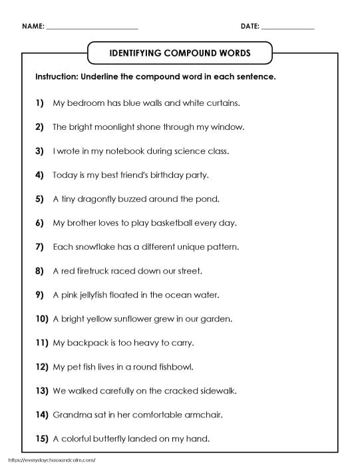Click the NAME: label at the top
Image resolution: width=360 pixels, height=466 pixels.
tap(33, 27)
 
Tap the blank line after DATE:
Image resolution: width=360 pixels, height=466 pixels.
tap(288, 29)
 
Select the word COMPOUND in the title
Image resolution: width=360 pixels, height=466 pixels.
tap(179, 52)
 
